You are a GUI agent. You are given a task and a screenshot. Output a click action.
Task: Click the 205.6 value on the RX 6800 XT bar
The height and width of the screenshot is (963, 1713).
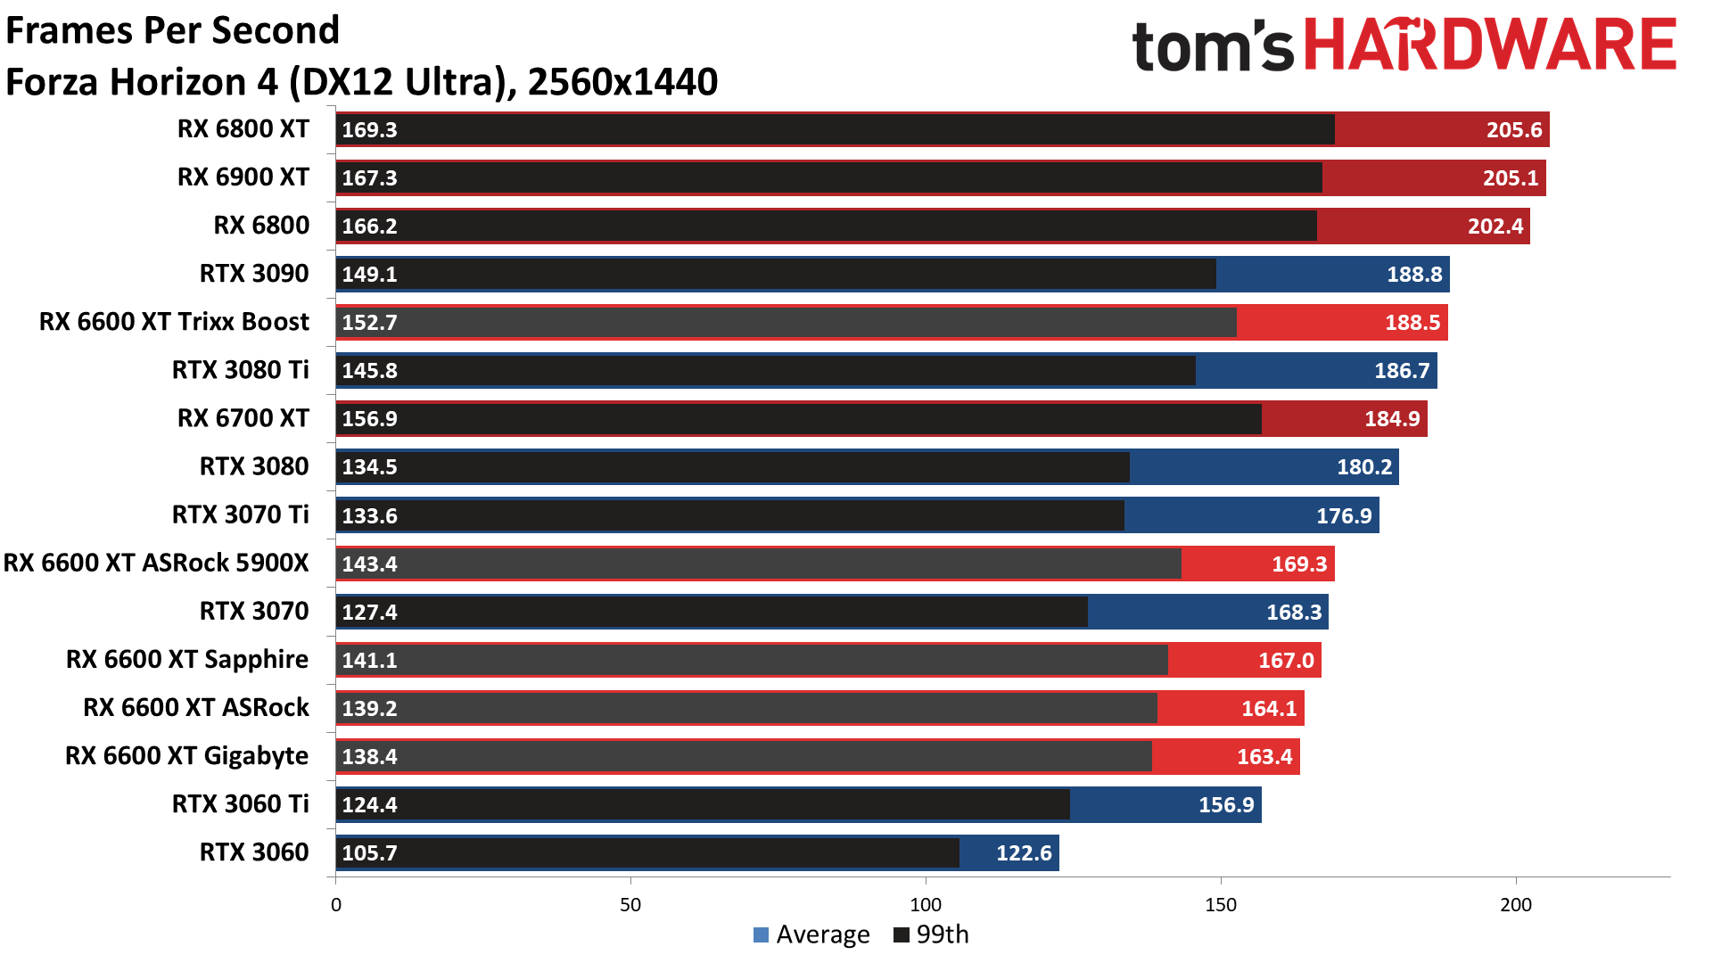click(x=1513, y=130)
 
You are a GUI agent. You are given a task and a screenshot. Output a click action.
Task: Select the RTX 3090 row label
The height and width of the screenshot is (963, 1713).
click(x=254, y=274)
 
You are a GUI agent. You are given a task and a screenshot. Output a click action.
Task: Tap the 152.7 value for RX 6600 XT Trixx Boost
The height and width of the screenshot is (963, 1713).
click(x=369, y=323)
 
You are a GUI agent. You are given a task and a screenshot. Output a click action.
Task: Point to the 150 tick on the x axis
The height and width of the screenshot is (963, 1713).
click(x=1220, y=905)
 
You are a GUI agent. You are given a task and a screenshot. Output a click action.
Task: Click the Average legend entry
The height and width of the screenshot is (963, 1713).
click(x=811, y=934)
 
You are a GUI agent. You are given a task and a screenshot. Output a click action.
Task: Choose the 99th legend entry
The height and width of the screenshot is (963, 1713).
click(x=931, y=934)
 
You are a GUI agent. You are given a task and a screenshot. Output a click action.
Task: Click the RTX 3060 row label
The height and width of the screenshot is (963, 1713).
click(x=254, y=852)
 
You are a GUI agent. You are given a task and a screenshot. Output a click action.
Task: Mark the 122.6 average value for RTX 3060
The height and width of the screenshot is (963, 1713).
click(x=1024, y=853)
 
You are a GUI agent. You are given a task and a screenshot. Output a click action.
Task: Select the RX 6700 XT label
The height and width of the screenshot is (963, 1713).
click(x=243, y=418)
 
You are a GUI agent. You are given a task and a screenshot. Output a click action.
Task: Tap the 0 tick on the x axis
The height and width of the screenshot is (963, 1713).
click(x=335, y=905)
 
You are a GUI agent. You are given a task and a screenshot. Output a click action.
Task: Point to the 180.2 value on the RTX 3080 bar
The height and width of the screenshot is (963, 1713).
click(x=1363, y=467)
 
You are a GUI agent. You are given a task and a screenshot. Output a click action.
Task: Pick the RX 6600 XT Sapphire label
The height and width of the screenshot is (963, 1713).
click(x=187, y=660)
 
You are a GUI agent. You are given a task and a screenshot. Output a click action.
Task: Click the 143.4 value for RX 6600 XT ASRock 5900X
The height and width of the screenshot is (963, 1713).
click(x=369, y=564)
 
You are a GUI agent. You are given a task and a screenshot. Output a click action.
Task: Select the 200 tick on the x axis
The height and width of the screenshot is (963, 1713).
click(x=1515, y=905)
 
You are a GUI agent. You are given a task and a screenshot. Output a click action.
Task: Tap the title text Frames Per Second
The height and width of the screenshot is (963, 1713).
click(x=173, y=30)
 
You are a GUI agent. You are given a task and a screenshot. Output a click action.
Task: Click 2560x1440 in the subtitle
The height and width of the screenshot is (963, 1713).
click(x=622, y=82)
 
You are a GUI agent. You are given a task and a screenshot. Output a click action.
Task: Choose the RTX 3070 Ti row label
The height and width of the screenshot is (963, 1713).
click(x=241, y=515)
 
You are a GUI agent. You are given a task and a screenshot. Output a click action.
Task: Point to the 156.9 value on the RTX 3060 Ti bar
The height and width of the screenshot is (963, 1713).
click(x=1225, y=805)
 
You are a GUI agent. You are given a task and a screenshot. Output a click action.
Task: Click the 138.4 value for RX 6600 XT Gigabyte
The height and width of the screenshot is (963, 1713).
click(x=369, y=757)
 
